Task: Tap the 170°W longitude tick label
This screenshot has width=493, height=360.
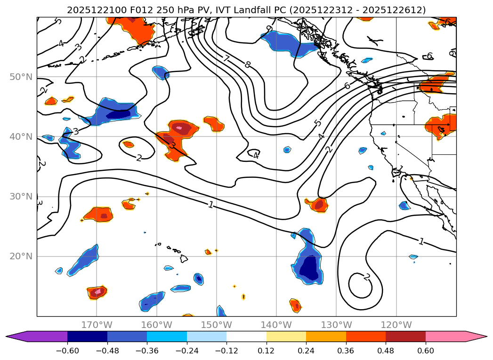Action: [97, 325]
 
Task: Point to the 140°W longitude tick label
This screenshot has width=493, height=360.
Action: [276, 325]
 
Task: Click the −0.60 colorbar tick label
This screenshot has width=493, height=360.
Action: [67, 351]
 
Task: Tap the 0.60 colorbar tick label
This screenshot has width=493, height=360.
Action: [426, 351]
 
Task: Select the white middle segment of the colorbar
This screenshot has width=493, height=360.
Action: [246, 336]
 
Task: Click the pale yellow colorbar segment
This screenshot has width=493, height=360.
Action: [286, 336]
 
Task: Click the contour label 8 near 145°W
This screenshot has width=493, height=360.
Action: [248, 64]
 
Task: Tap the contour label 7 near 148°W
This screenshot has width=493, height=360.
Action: [226, 59]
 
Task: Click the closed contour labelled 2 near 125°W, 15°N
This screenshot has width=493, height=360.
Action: [366, 277]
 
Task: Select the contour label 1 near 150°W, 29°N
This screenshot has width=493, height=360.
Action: [210, 204]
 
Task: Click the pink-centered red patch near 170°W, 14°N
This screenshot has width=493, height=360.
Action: [97, 292]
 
